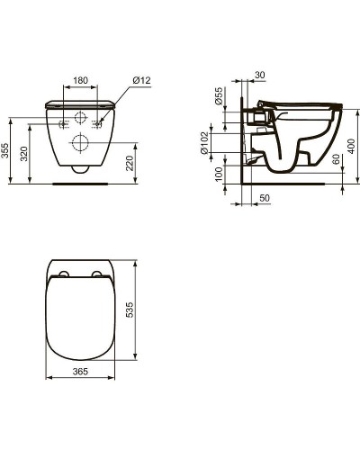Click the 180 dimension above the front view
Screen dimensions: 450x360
(81, 81)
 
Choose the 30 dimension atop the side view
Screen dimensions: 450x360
(260, 76)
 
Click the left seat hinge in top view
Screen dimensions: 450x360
(64, 274)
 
